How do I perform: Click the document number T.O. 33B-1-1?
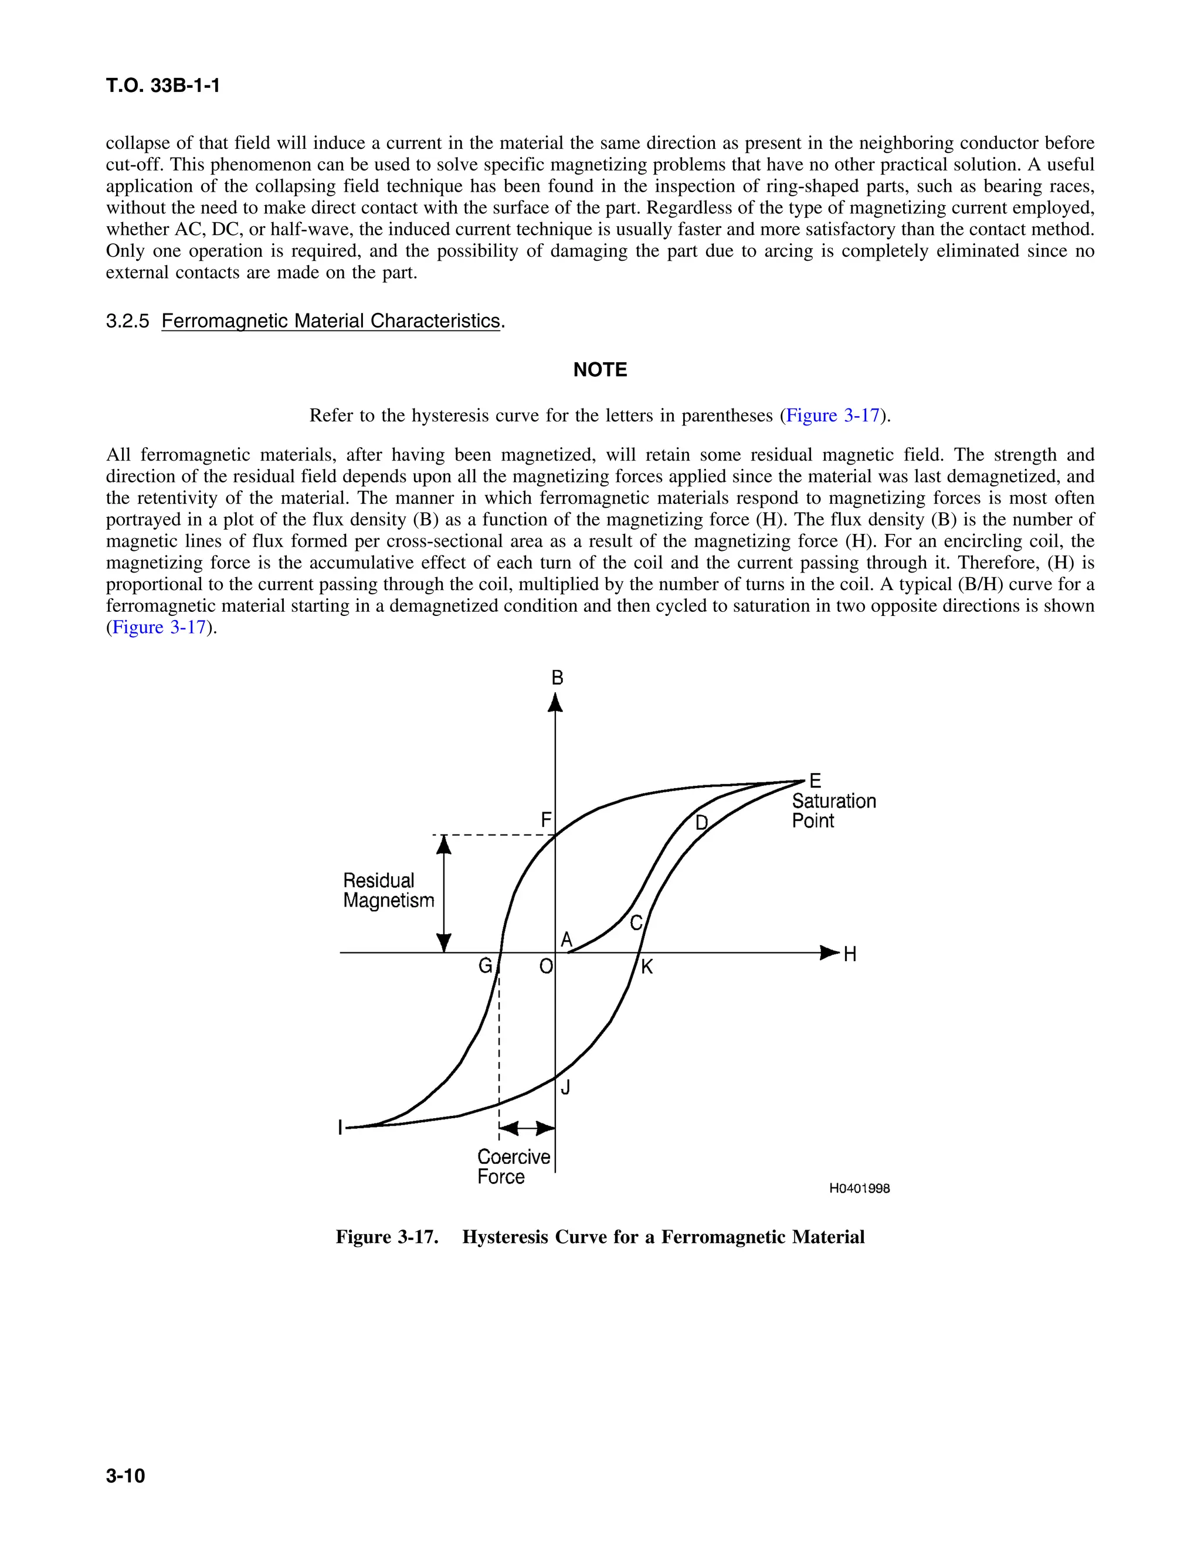[163, 86]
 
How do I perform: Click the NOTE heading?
[600, 370]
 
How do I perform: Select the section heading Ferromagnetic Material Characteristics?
[331, 321]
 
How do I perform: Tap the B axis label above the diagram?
[557, 677]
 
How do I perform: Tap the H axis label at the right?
[850, 954]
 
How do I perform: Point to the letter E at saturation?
[815, 781]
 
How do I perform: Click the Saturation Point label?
[833, 810]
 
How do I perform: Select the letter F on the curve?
[546, 820]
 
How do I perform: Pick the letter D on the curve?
[701, 823]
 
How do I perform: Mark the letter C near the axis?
[636, 923]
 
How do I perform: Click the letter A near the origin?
[566, 939]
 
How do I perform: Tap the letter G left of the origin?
[485, 966]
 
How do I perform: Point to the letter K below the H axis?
[647, 967]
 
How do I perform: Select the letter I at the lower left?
[341, 1128]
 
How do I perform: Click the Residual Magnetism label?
[388, 890]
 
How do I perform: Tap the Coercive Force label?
[513, 1166]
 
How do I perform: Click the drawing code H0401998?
[860, 1188]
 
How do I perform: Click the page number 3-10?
[125, 1476]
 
